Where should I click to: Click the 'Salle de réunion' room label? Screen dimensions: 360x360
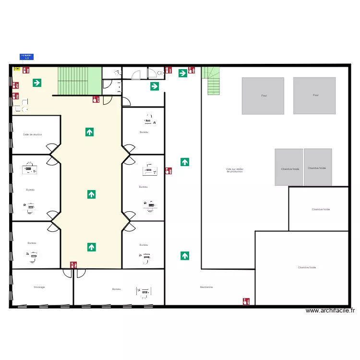click(33, 134)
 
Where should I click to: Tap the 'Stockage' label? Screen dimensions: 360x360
click(39, 287)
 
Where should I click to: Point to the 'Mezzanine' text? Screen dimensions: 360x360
click(206, 287)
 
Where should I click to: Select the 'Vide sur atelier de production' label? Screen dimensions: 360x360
click(235, 170)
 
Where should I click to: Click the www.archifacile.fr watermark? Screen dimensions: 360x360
click(330, 311)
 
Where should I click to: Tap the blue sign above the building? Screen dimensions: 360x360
click(26, 57)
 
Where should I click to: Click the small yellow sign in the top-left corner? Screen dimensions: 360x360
click(17, 69)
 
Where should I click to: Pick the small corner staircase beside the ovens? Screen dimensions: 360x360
click(212, 80)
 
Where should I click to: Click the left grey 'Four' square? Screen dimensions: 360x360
click(263, 96)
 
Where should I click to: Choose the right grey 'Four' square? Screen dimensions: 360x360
click(314, 96)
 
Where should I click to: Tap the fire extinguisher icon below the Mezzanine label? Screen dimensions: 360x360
click(246, 301)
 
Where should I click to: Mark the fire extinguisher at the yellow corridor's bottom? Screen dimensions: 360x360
click(73, 264)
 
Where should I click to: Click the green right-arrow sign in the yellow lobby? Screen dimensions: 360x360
click(37, 83)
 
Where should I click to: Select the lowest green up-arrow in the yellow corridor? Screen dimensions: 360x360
click(91, 247)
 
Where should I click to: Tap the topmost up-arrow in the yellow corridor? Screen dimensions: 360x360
click(90, 132)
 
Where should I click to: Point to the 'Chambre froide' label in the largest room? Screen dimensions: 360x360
click(307, 267)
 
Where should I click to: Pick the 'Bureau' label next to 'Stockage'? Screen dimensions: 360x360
click(116, 289)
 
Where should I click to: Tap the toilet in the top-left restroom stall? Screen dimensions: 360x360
click(117, 72)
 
